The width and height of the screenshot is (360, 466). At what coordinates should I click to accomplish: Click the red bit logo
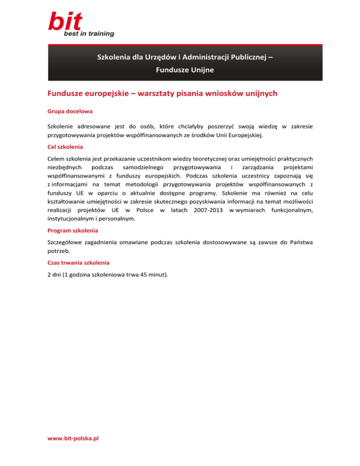[65, 22]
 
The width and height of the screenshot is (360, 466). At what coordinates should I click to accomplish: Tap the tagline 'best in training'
[89, 34]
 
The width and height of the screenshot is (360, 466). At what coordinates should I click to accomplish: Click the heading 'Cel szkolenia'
[65, 146]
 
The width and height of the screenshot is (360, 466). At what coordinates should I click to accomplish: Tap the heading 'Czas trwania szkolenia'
[77, 264]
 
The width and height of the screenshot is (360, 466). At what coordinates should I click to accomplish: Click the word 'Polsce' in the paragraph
[146, 210]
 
